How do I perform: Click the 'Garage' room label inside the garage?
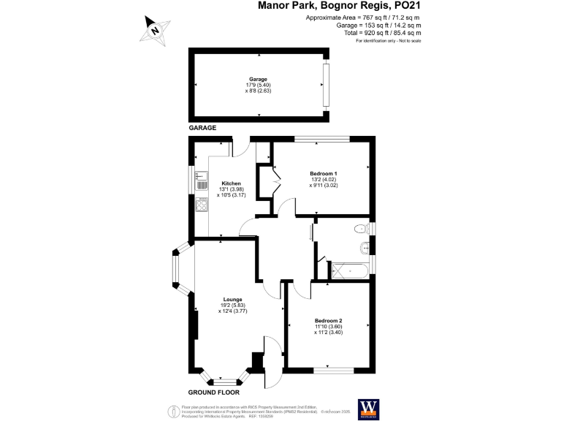tap(258, 79)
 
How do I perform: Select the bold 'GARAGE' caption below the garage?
tap(204, 128)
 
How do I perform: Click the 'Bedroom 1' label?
tap(323, 173)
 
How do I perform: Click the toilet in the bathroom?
tap(362, 230)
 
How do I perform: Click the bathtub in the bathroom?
tap(349, 272)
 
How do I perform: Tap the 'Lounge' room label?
tap(233, 299)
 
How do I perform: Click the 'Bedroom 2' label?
tap(329, 321)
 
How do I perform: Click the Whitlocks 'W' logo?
tap(367, 406)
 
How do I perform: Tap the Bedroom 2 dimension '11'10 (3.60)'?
tap(329, 327)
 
